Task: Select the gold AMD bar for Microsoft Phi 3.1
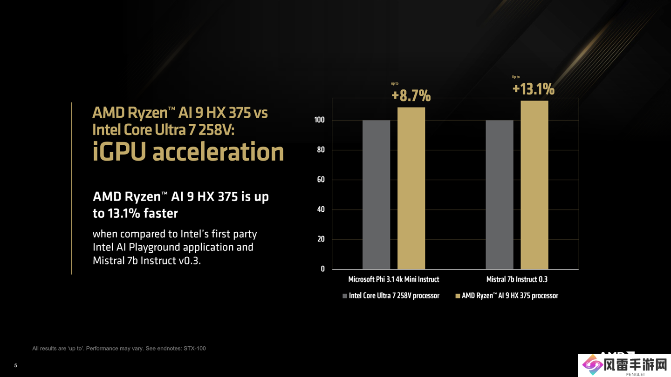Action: (x=411, y=188)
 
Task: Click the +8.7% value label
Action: (x=411, y=95)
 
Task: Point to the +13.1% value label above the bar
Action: (x=533, y=88)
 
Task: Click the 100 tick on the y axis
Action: (x=319, y=120)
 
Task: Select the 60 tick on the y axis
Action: (x=321, y=180)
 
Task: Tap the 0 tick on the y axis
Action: (x=322, y=269)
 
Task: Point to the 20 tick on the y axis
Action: (x=321, y=239)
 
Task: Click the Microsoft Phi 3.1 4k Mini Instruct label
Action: (x=393, y=279)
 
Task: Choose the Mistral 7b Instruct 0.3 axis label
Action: (x=517, y=279)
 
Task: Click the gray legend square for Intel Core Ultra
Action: (x=345, y=296)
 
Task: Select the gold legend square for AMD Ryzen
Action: (x=458, y=296)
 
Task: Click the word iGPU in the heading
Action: (x=119, y=152)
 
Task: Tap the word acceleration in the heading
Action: (x=218, y=152)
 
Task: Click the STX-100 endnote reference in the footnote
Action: (x=195, y=348)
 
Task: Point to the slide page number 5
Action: (x=15, y=365)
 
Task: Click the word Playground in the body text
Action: (x=156, y=247)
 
